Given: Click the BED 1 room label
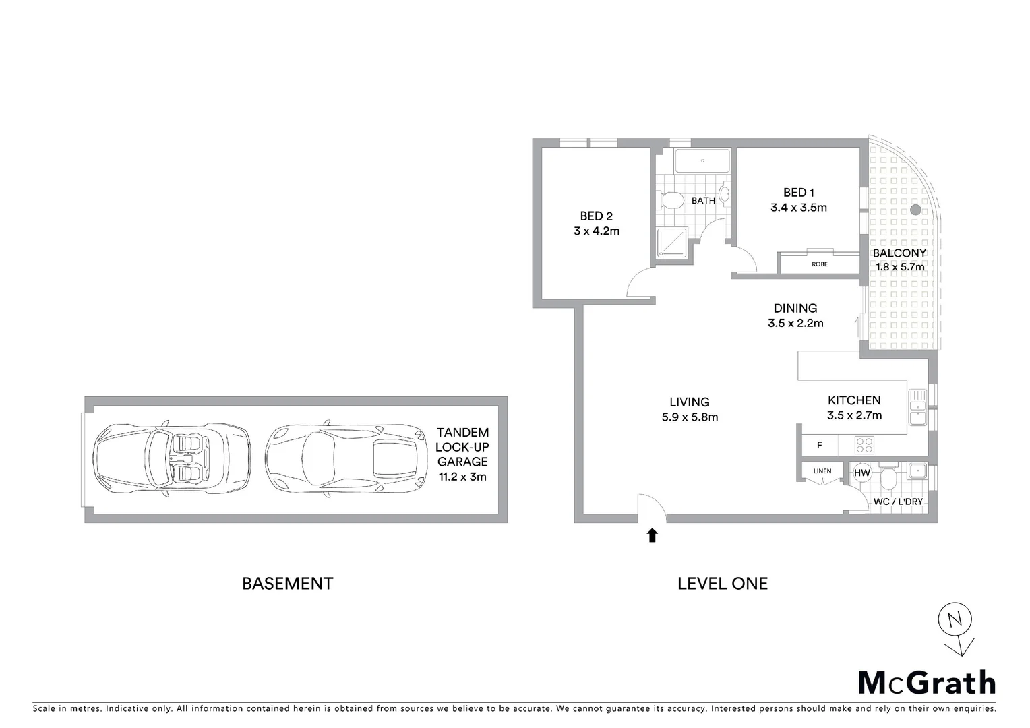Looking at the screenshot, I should [798, 193].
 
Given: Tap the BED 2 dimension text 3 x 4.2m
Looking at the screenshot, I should [596, 231].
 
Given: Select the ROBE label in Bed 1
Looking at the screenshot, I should [819, 264].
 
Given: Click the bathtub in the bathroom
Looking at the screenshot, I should [702, 162].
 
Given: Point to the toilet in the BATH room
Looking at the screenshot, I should [670, 200].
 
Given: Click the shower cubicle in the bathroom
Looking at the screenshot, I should [671, 243].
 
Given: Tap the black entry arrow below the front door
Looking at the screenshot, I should [652, 535].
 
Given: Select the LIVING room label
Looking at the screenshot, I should [689, 402].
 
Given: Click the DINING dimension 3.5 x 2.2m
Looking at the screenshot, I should [795, 323].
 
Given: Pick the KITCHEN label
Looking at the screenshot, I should [853, 400].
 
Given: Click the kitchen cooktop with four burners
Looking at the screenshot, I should [864, 445].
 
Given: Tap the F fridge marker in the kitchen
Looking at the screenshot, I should [819, 446].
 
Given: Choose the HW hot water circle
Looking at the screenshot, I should [861, 473].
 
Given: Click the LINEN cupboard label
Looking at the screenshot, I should [822, 471].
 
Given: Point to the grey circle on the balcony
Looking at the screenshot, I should [915, 210].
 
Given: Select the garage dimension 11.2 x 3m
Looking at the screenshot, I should [462, 477].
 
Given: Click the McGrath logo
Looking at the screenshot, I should [926, 683].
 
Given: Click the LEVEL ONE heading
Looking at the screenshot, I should [722, 584].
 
